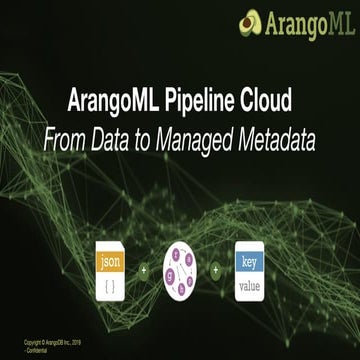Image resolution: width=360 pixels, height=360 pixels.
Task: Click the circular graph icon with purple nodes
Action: pos(180,271)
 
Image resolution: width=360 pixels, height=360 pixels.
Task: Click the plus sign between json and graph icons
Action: pos(143,271)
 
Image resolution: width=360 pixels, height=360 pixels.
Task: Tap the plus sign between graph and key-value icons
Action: pos(215,271)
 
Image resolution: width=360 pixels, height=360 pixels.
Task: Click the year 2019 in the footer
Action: pos(80,344)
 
